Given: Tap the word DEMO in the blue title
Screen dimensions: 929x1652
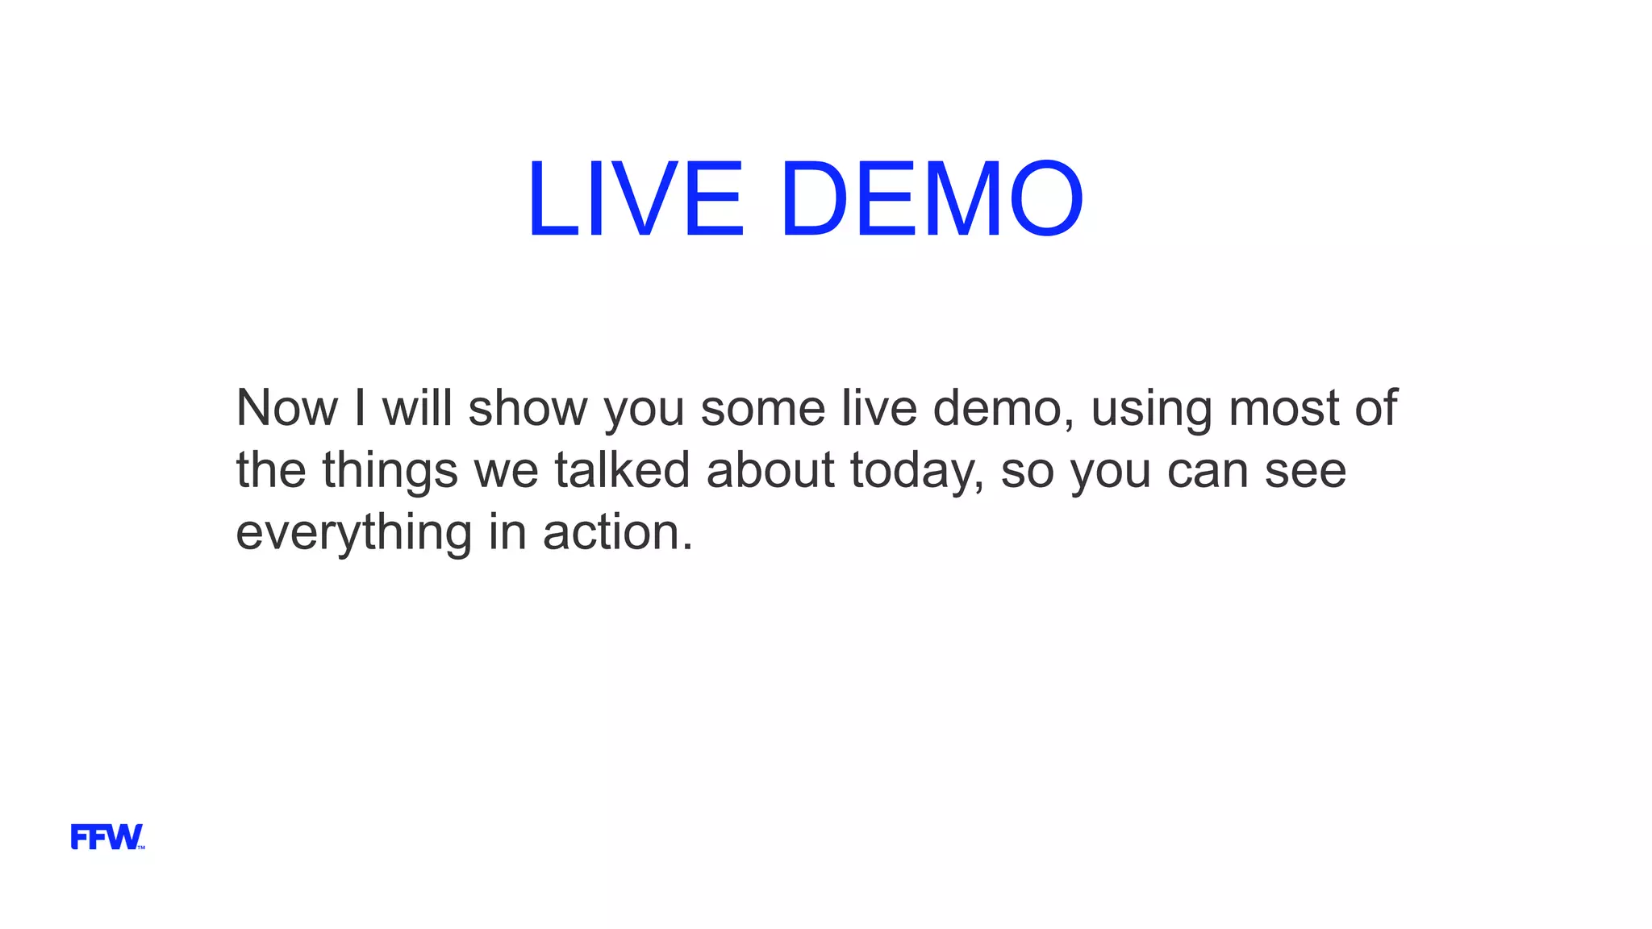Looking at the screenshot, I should point(932,199).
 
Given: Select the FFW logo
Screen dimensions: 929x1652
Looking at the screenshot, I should point(107,837).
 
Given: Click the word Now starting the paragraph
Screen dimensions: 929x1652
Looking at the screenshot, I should point(286,408).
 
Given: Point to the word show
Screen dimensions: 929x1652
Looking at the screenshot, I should point(528,408).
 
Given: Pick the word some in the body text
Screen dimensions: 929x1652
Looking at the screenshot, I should point(762,408).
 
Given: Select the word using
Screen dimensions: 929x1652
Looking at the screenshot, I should point(1151,410).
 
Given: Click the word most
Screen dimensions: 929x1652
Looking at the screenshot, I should point(1283,408).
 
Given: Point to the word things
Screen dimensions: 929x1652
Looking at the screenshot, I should point(390,471).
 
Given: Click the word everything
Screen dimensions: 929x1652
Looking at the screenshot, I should point(353,533).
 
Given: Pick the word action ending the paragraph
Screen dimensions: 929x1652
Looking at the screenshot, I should point(617,532).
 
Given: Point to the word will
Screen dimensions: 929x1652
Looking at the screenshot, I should point(417,408).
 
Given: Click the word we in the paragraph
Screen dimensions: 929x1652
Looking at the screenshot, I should point(506,471).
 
